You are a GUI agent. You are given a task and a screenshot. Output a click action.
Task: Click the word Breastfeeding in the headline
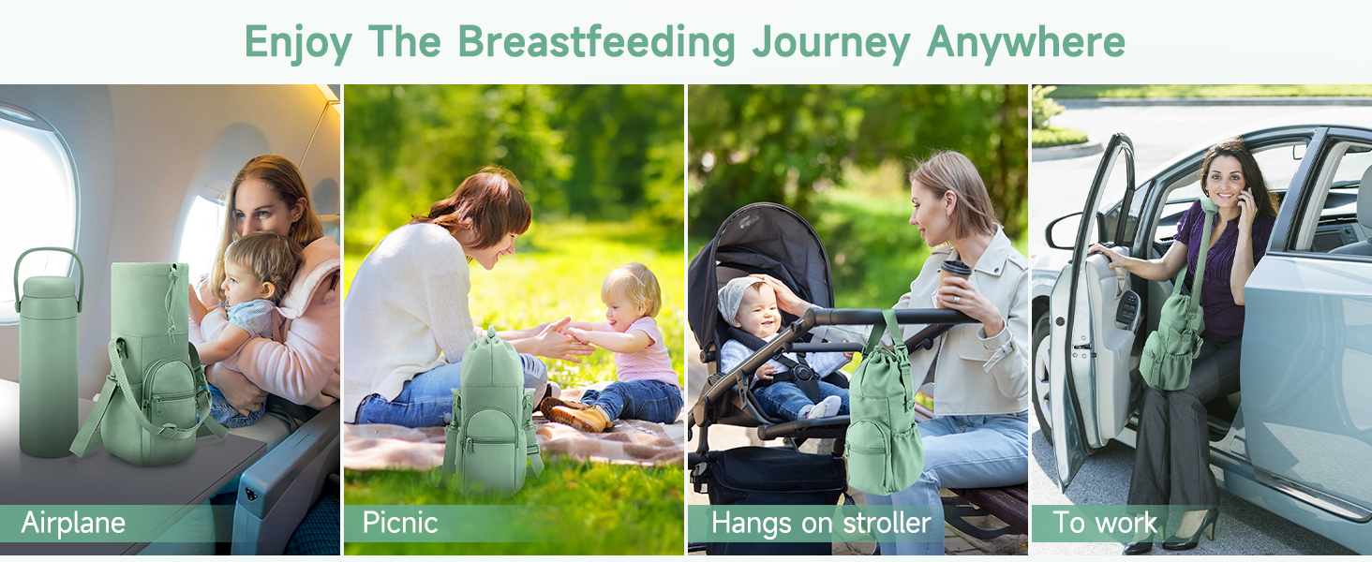point(596,42)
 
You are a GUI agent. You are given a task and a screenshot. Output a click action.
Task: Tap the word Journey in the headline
point(831,44)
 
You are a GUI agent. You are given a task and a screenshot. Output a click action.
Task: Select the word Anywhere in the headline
point(1026,43)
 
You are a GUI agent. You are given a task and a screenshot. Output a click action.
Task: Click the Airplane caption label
point(73,524)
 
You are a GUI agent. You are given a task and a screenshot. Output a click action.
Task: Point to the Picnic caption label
point(400,523)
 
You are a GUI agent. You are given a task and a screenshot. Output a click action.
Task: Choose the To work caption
point(1104,523)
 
